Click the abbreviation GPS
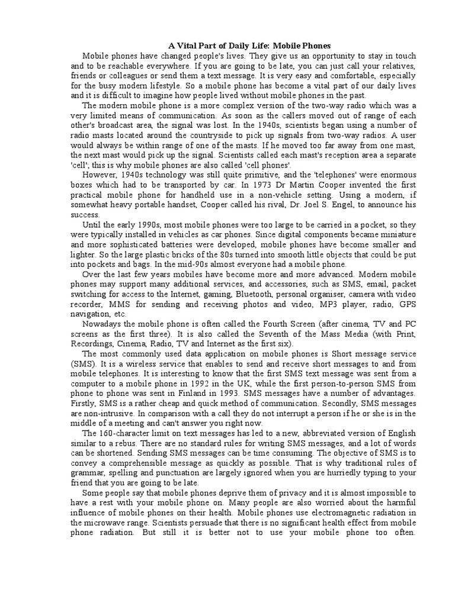pyautogui.click(x=408, y=304)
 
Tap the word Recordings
pyautogui.click(x=94, y=344)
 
